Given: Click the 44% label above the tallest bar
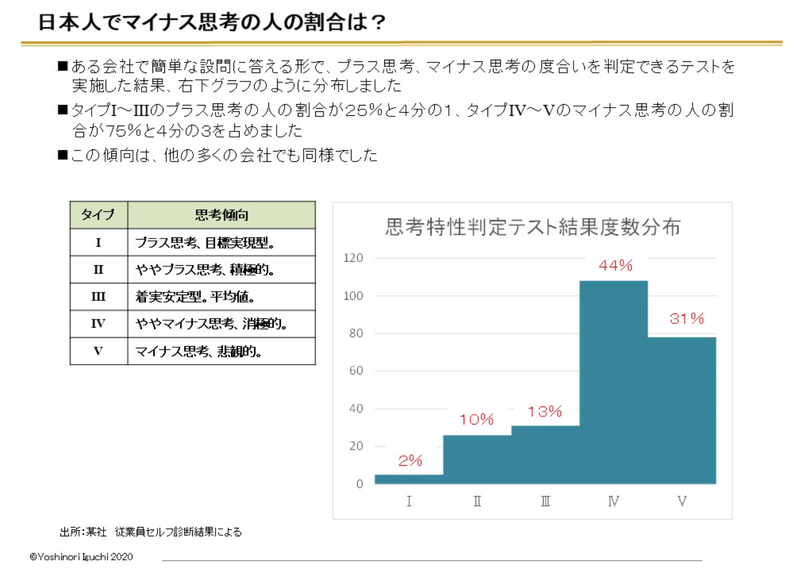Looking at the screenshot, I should click(615, 265).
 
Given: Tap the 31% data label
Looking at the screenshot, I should click(686, 318).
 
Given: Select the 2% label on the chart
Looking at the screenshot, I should click(410, 460).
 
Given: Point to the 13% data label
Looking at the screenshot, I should click(545, 411).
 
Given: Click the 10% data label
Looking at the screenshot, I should click(477, 419).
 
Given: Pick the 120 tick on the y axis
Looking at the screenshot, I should click(353, 258).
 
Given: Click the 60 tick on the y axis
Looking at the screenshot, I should click(356, 371).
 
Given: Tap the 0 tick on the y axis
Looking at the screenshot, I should click(360, 484).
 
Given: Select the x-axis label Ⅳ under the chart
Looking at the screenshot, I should click(613, 501).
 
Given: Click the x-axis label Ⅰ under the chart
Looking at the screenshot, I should click(409, 501).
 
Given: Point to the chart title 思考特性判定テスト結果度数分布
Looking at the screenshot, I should click(533, 227).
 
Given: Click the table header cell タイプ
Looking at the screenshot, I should click(98, 215).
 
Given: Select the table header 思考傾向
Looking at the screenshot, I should click(222, 215).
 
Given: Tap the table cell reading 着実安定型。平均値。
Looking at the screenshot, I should click(195, 297).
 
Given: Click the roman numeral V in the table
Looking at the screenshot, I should click(98, 351).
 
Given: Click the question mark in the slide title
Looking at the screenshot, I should click(378, 22).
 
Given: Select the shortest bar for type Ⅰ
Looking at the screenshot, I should click(409, 479).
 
